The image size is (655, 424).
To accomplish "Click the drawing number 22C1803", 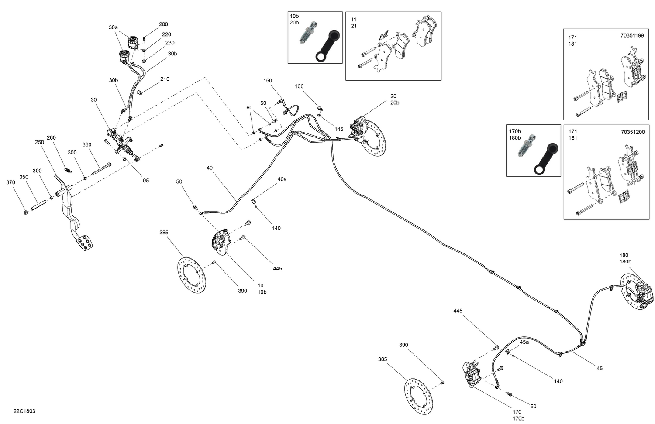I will [24, 411].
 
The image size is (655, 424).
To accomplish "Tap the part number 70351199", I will [632, 36].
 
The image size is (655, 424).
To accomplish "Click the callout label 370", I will [10, 182].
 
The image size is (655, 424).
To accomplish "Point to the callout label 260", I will [51, 138].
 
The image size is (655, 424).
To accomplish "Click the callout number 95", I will [146, 180].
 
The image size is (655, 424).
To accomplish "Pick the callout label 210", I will [165, 79].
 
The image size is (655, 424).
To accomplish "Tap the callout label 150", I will [268, 81].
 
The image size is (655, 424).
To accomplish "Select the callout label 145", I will [339, 129].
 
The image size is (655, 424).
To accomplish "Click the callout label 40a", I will [282, 179].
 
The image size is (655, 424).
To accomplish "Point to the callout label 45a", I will [524, 342].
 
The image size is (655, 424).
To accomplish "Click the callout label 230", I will [170, 43].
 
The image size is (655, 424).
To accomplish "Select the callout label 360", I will [87, 145].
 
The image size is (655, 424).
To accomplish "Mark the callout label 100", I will [299, 86].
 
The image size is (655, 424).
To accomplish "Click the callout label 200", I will [163, 24].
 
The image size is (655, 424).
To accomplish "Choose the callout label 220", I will [166, 34].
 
